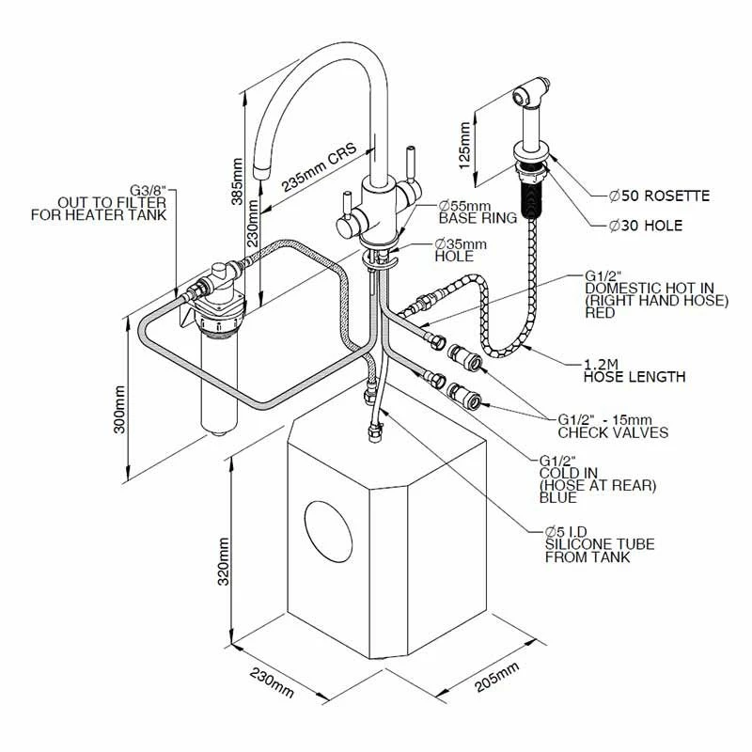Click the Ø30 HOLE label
coord(646,226)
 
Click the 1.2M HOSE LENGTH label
coord(634,369)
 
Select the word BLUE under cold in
coord(558,498)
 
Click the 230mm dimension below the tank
coord(270,685)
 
